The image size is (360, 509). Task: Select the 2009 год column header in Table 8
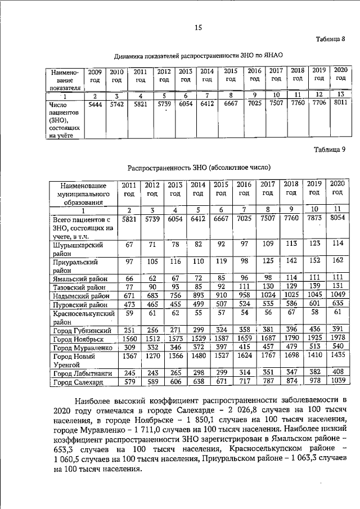click(x=94, y=76)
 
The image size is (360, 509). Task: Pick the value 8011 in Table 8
click(x=339, y=104)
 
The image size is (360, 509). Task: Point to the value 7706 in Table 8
click(x=319, y=104)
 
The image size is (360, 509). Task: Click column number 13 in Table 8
click(x=339, y=94)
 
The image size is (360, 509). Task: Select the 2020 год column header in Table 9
click(x=337, y=188)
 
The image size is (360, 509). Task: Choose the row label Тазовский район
click(x=74, y=287)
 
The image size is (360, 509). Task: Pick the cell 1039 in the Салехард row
click(x=337, y=382)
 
